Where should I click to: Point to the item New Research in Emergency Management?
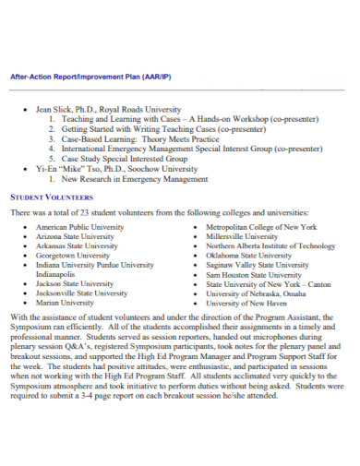(132, 179)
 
